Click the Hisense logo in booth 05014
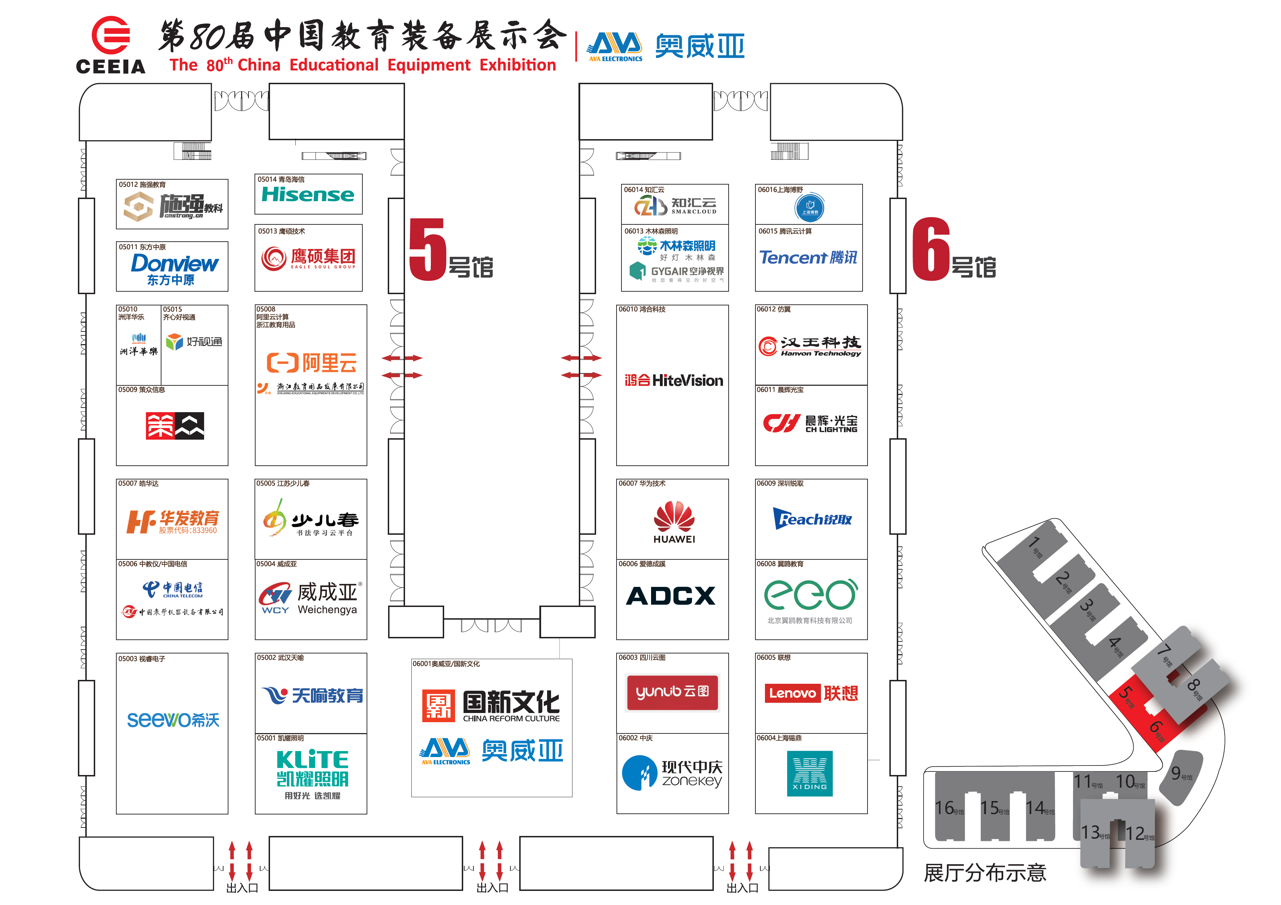click(x=308, y=194)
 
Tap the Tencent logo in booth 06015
click(x=808, y=257)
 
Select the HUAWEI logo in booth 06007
click(x=674, y=521)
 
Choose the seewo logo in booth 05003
click(x=173, y=720)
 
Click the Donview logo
click(x=174, y=264)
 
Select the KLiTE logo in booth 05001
click(x=312, y=760)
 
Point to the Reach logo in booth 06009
click(x=812, y=519)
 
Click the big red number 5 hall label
click(x=427, y=249)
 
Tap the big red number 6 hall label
click(x=931, y=249)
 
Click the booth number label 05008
click(x=265, y=309)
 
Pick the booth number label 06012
click(x=766, y=309)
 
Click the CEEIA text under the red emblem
click(x=110, y=66)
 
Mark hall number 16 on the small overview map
click(x=945, y=808)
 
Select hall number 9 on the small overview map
click(x=1176, y=773)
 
